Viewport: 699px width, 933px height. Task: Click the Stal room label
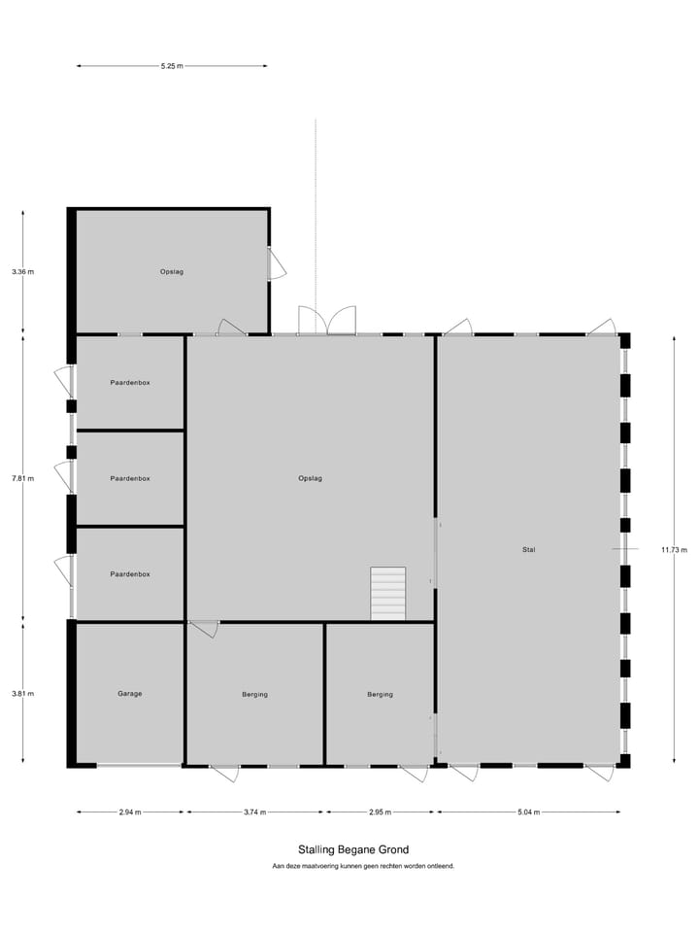528,550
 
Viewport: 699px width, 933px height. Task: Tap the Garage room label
130,694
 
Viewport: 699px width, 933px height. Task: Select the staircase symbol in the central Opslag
387,593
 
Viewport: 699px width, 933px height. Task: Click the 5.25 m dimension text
172,66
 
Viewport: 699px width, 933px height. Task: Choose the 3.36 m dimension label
22,272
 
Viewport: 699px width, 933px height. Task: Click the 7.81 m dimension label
22,478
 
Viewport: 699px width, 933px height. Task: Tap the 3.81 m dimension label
22,694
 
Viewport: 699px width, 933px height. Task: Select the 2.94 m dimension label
130,812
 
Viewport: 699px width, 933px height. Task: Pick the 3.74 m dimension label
254,812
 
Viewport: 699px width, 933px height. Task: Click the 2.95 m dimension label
380,812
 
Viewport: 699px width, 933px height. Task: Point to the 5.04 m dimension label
528,812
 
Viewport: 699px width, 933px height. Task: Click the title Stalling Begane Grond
353,849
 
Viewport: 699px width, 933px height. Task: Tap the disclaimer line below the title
363,865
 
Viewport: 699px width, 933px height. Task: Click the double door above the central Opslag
327,322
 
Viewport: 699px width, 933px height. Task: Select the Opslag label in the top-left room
172,272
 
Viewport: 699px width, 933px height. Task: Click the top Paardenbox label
130,383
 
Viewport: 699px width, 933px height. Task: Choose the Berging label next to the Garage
254,694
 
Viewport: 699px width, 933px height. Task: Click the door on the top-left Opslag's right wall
277,262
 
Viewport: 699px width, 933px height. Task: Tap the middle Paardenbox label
130,478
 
